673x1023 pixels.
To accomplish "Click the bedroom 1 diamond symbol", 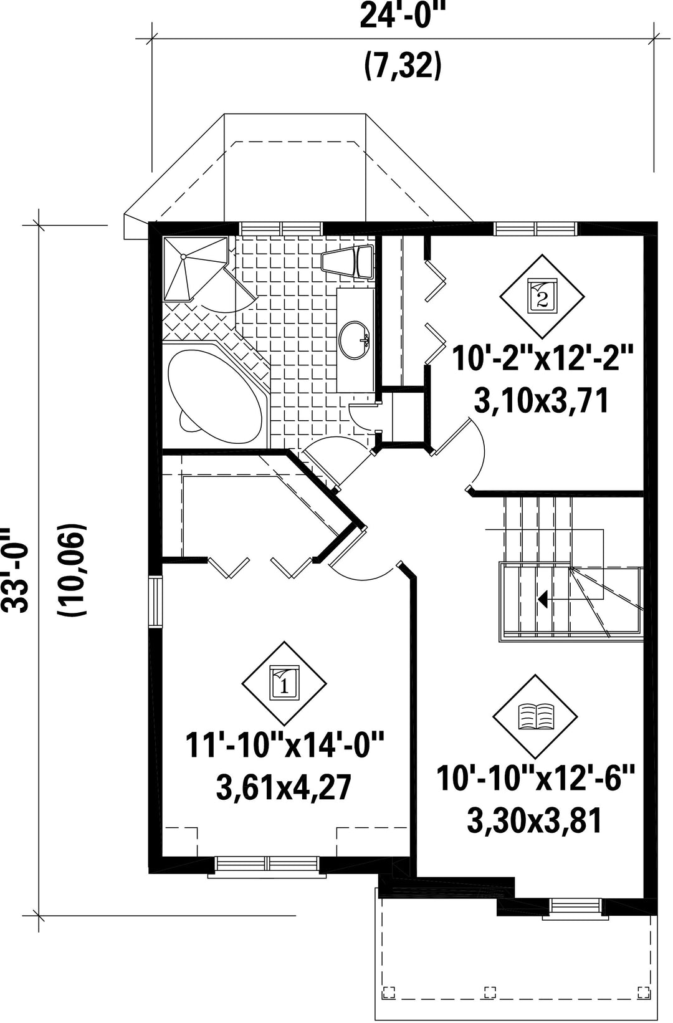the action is (284, 683).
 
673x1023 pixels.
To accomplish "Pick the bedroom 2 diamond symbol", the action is (542, 296).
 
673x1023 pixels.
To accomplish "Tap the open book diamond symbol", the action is (535, 716).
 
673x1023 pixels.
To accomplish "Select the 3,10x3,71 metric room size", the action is (542, 401).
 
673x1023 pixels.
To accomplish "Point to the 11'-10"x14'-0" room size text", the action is (285, 746).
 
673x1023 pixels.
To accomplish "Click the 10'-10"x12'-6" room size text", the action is (535, 778).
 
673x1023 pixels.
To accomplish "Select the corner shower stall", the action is (196, 269).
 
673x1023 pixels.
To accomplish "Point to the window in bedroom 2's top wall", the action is (535, 228).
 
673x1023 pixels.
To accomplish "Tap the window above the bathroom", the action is (281, 228).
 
